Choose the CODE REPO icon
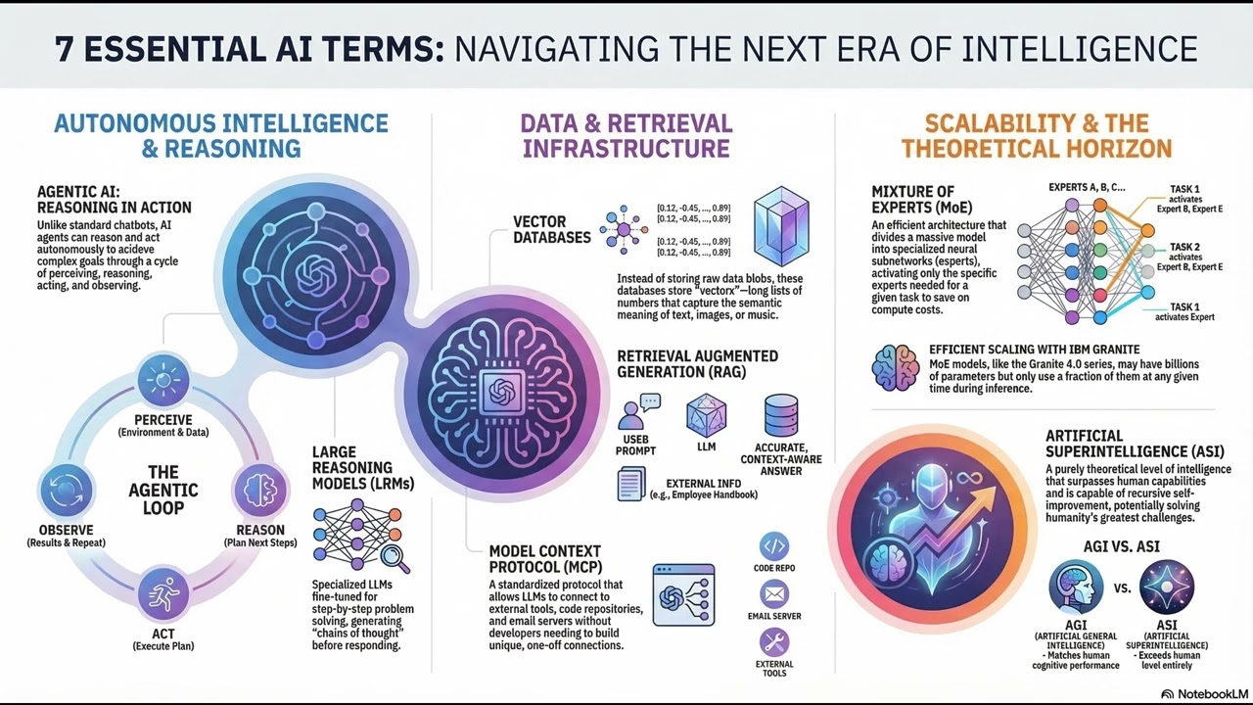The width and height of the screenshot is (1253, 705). pos(773,545)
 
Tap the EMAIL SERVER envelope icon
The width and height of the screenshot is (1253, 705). pos(773,593)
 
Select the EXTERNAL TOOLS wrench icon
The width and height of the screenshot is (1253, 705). pos(773,642)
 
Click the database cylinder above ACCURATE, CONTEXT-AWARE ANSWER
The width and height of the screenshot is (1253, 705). pos(780,415)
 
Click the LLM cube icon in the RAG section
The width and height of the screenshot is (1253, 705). pos(706,415)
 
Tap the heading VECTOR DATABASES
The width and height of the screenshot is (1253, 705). pos(552,229)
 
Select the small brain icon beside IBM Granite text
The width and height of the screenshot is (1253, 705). pos(895,367)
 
